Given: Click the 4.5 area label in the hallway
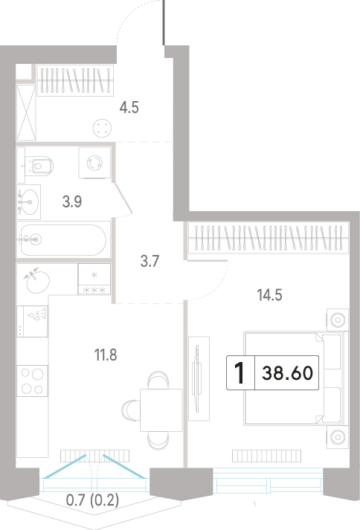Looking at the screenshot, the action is click(129, 108).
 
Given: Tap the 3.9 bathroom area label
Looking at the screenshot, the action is click(72, 201).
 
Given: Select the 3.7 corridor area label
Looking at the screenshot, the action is click(150, 261).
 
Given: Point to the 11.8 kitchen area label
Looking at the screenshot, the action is click(106, 355).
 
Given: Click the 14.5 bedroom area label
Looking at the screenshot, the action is click(270, 295).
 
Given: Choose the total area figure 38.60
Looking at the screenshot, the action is click(288, 373).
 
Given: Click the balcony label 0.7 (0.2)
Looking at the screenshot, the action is click(92, 500).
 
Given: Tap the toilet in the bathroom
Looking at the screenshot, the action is click(39, 165).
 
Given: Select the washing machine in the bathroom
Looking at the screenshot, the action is click(94, 163).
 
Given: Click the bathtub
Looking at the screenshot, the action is click(64, 239).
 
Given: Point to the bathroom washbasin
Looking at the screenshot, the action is click(28, 201).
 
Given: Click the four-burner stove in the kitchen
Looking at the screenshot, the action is click(32, 381).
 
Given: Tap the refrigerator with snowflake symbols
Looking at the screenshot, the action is click(94, 279).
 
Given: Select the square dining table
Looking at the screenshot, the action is click(161, 410).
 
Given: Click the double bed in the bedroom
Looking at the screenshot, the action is click(296, 378).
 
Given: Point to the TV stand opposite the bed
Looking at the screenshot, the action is click(199, 378).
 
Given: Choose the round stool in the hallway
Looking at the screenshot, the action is click(102, 129).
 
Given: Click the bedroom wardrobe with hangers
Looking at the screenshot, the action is click(268, 237).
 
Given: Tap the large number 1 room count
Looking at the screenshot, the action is click(240, 373).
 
